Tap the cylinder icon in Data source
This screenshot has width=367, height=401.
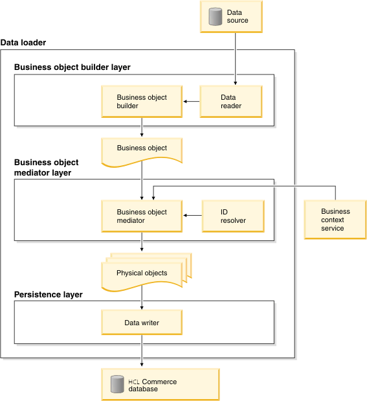pos(215,17)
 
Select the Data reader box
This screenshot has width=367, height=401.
pos(230,102)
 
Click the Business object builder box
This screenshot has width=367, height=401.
pos(141,102)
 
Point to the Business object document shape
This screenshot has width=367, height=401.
pos(141,149)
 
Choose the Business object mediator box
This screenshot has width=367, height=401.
pos(141,216)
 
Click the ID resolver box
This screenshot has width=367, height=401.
pos(232,216)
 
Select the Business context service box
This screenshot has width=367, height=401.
pos(335,220)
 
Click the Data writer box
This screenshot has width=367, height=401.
pos(141,322)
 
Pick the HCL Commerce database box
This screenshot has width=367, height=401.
pos(160,385)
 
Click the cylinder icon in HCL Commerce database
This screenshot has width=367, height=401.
pos(117,385)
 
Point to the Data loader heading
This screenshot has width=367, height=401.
pos(23,43)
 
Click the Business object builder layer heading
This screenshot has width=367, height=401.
pos(72,67)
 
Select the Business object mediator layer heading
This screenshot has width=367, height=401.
pos(46,168)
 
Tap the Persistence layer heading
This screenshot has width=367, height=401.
pos(48,294)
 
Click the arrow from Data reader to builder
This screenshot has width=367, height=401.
pos(191,101)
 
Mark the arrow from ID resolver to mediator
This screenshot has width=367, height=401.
pos(192,216)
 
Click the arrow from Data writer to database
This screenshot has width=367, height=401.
pos(141,353)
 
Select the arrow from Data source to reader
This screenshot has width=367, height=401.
pos(234,58)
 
